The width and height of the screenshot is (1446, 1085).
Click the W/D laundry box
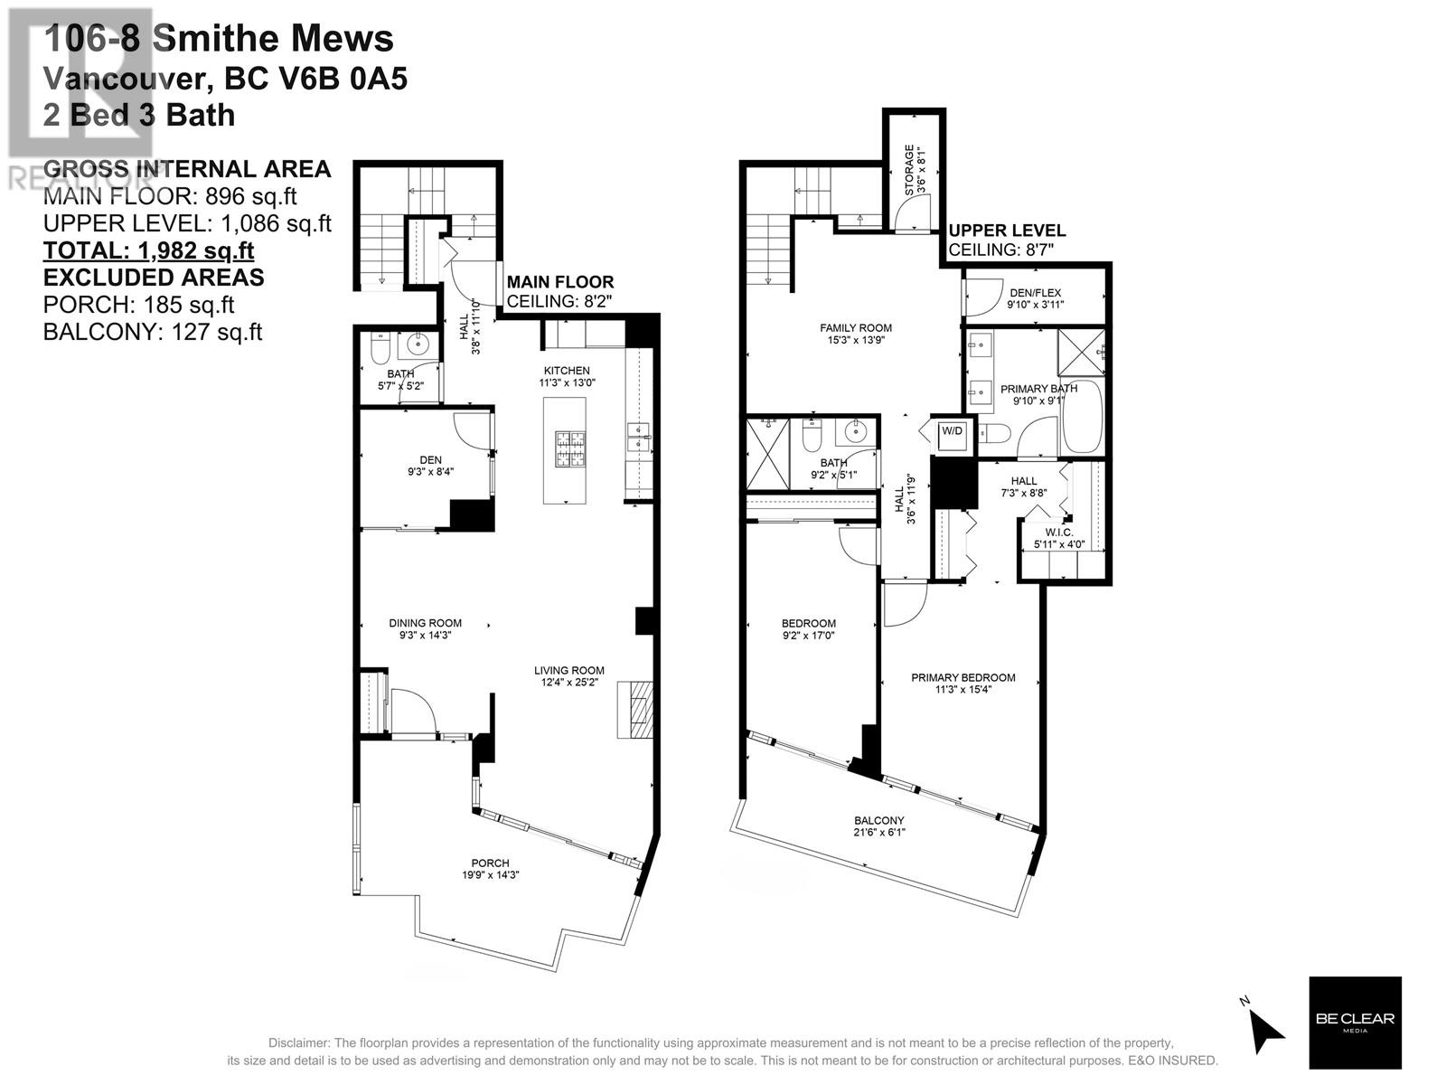click(x=952, y=434)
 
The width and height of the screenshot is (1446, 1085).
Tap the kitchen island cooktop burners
click(x=570, y=448)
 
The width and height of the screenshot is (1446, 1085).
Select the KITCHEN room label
click(x=567, y=370)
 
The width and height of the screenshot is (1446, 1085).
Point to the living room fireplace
click(x=635, y=710)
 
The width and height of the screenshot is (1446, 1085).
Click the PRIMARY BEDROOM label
click(x=963, y=677)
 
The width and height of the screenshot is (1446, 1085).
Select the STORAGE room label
click(x=909, y=169)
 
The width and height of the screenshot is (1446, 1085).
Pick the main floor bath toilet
click(x=380, y=349)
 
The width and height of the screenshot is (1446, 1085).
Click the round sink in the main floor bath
click(x=417, y=344)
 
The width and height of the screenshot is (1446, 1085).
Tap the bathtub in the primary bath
click(x=1083, y=416)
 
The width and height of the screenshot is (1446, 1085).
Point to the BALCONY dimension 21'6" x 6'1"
click(x=879, y=832)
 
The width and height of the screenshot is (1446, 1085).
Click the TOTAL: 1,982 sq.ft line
click(x=149, y=250)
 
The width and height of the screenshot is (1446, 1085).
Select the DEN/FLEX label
click(x=1035, y=292)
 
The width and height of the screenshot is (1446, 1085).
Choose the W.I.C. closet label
click(x=1058, y=533)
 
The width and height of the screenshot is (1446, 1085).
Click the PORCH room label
click(x=490, y=863)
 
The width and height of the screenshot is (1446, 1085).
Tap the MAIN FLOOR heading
click(x=560, y=282)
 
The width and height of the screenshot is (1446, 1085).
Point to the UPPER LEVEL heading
click(x=1007, y=231)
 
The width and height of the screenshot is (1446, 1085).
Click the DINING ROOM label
click(x=425, y=623)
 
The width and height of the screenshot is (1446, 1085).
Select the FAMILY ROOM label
click(x=856, y=327)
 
